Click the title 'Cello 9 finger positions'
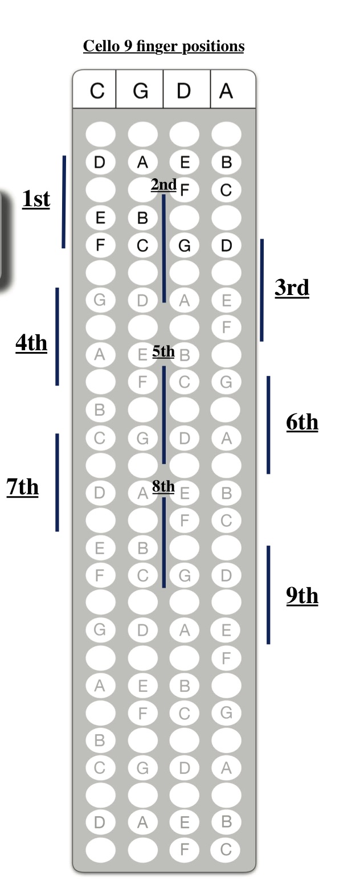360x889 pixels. click(x=163, y=47)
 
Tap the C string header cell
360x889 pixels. click(x=95, y=89)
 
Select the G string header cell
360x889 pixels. click(x=140, y=89)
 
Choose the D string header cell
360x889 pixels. click(x=187, y=89)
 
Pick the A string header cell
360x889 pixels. click(x=233, y=89)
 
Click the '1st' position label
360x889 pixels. click(x=36, y=199)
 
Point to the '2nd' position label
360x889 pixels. click(x=163, y=185)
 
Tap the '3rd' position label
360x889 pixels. click(x=292, y=288)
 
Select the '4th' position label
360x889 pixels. click(x=31, y=343)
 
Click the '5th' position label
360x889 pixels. click(x=163, y=351)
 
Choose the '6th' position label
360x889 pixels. click(x=302, y=422)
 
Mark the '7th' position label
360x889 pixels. click(x=23, y=487)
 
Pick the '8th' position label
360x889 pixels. click(x=163, y=486)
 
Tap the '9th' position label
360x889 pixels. click(x=302, y=596)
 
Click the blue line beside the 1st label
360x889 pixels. click(x=64, y=202)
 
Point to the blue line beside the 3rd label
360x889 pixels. click(x=261, y=290)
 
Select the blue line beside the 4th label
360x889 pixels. click(x=57, y=337)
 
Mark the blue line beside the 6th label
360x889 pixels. click(x=268, y=425)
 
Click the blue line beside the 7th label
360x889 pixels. click(x=57, y=482)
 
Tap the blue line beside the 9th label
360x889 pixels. click(x=268, y=595)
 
